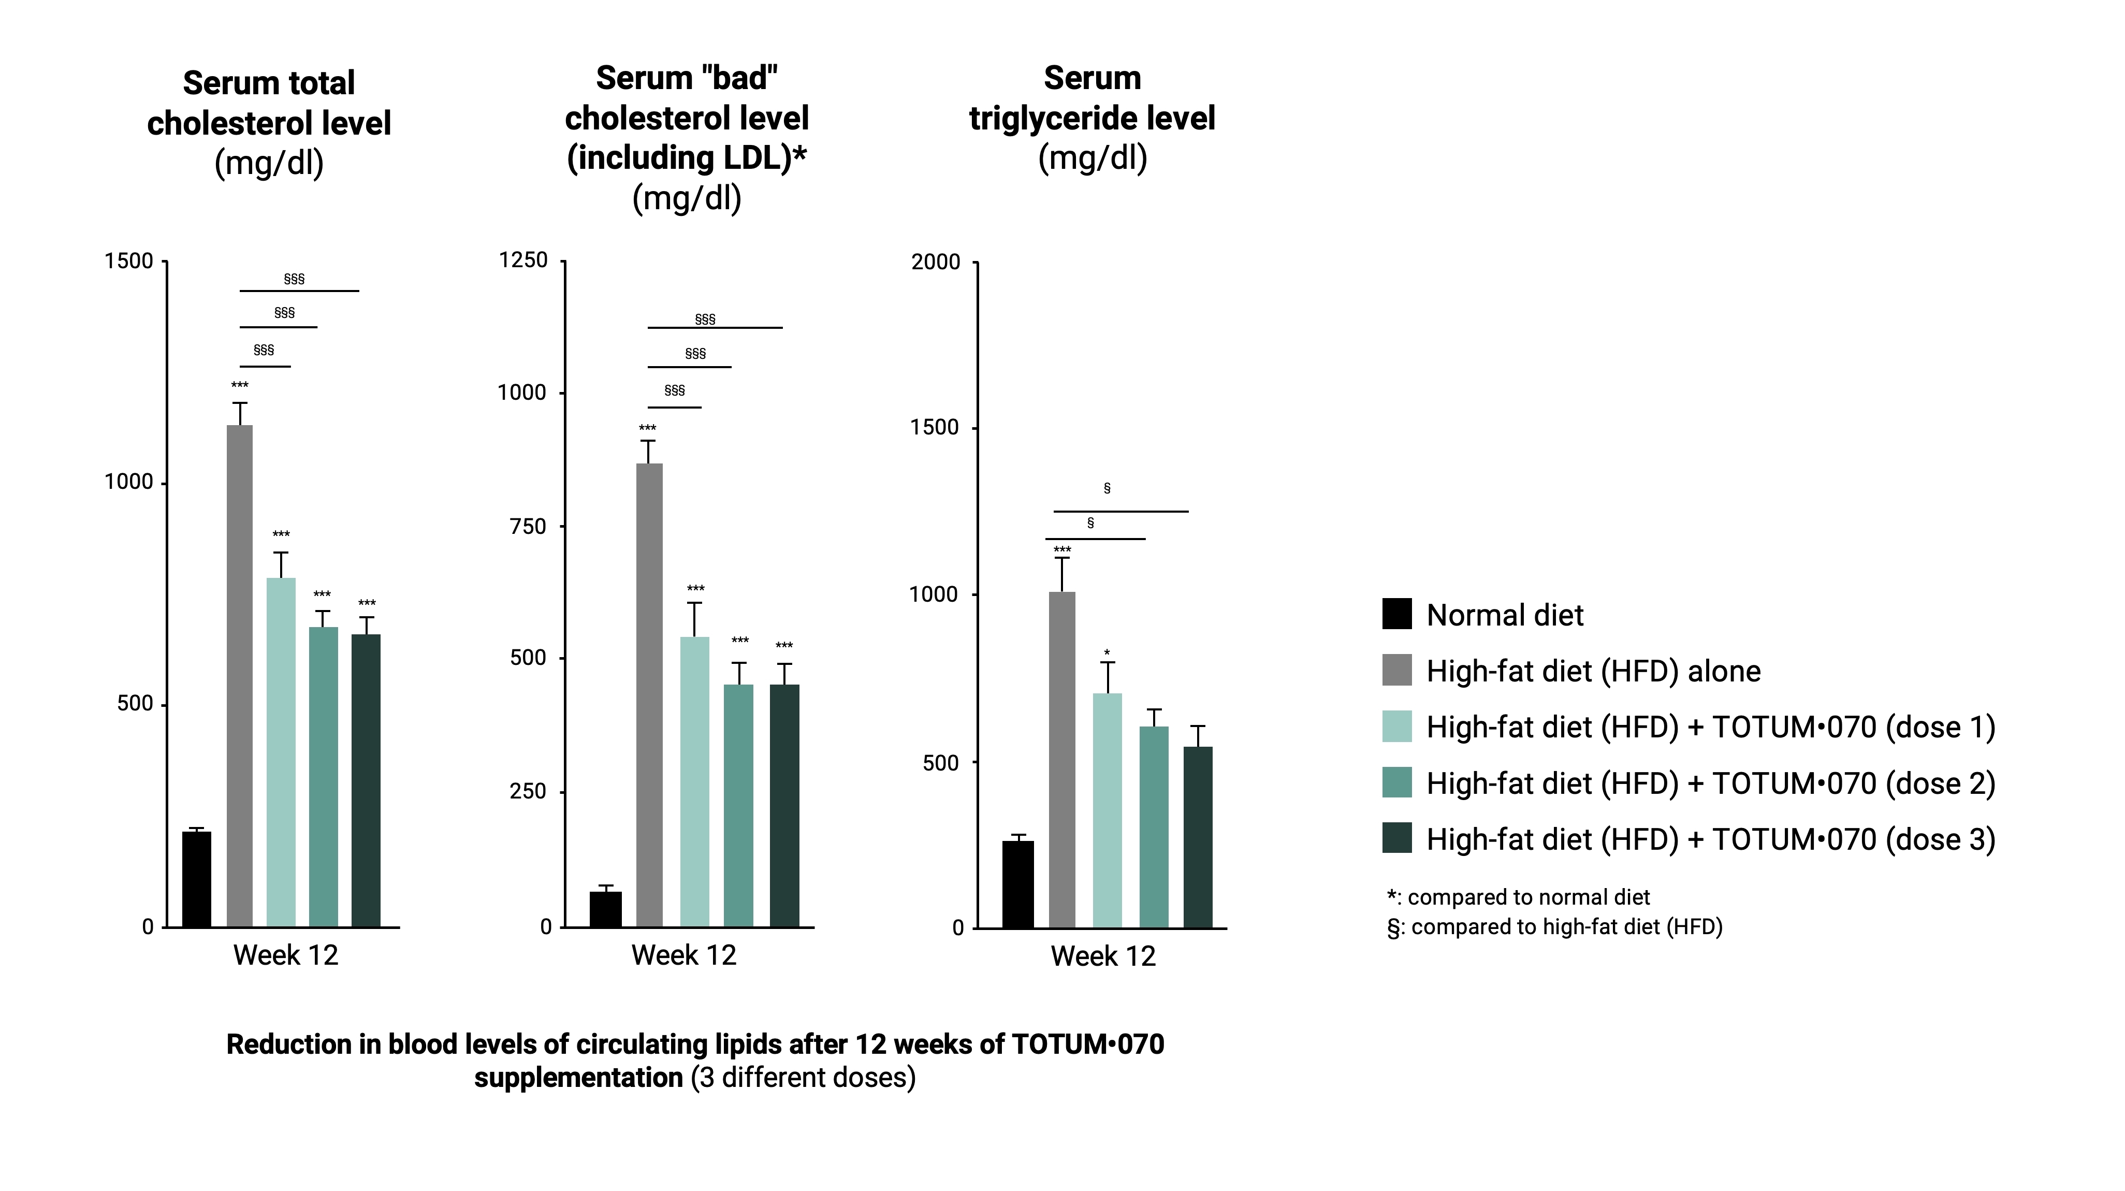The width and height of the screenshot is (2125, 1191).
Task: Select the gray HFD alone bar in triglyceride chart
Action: pos(1061,759)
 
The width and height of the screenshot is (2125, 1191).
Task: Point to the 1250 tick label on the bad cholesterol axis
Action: pos(523,260)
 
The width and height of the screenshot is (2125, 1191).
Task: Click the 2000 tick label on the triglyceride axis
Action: pos(936,263)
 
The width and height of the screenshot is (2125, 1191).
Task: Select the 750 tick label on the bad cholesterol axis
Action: pos(528,526)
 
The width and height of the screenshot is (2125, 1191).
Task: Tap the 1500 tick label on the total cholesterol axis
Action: pos(129,262)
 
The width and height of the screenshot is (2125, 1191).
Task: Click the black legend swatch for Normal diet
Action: pos(1396,615)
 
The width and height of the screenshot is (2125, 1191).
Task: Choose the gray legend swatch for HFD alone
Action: pos(1396,671)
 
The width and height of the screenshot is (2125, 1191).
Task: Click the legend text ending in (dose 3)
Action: pos(1710,839)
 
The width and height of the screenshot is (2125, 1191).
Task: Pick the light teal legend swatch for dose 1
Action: pos(1396,727)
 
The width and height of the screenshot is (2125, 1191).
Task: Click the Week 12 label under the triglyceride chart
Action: pos(1103,956)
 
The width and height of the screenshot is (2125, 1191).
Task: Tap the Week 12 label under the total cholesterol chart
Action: pos(285,955)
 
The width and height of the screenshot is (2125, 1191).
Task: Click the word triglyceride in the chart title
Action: pos(1092,118)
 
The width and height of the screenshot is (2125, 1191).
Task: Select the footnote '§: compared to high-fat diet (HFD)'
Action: pos(1555,927)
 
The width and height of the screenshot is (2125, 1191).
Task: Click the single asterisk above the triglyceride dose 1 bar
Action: pos(1107,653)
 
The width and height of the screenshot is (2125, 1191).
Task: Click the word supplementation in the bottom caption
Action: pos(578,1077)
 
